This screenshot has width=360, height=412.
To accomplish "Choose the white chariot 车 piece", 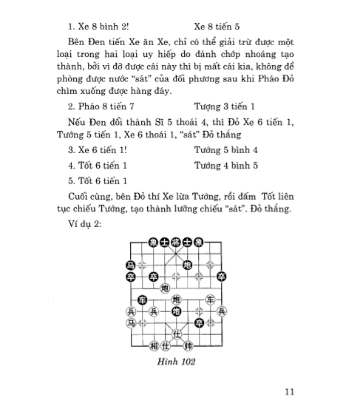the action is click(210, 299).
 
